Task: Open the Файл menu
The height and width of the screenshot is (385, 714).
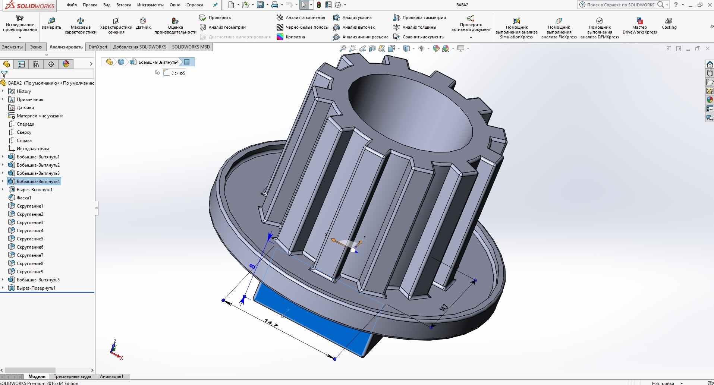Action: point(72,5)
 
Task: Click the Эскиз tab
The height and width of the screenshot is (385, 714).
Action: point(36,47)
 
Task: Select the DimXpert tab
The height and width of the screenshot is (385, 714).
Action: point(98,47)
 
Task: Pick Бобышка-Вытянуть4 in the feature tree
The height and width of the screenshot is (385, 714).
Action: point(38,182)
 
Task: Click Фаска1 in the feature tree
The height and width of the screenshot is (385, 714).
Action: point(24,198)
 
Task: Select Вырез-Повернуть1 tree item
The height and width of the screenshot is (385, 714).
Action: point(36,288)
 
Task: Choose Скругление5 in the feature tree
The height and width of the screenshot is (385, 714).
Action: point(30,239)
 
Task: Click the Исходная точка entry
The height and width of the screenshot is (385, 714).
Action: point(33,149)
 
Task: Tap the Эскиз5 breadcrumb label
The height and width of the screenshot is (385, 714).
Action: point(178,73)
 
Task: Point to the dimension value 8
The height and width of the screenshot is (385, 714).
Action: point(252,266)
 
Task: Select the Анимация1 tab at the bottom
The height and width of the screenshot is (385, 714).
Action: point(111,376)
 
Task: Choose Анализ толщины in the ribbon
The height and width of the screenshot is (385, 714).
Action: point(419,27)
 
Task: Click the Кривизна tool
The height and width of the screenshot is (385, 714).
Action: point(295,37)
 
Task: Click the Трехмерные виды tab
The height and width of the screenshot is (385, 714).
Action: point(72,376)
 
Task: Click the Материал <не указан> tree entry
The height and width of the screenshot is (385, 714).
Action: point(40,116)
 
